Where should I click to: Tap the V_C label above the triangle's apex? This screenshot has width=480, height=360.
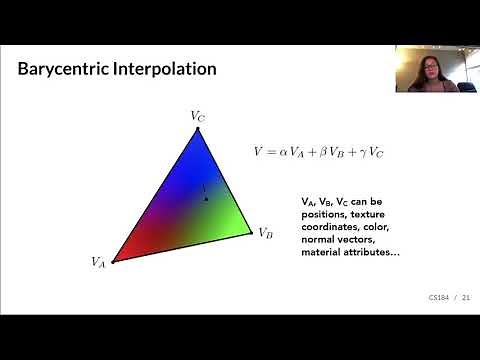coord(198,116)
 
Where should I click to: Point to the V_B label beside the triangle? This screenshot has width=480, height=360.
coord(265,233)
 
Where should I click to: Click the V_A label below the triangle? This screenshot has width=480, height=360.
coord(99,263)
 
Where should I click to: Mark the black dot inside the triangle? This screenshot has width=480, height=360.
coord(205,200)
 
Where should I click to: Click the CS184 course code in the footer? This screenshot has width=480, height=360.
coord(438,297)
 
